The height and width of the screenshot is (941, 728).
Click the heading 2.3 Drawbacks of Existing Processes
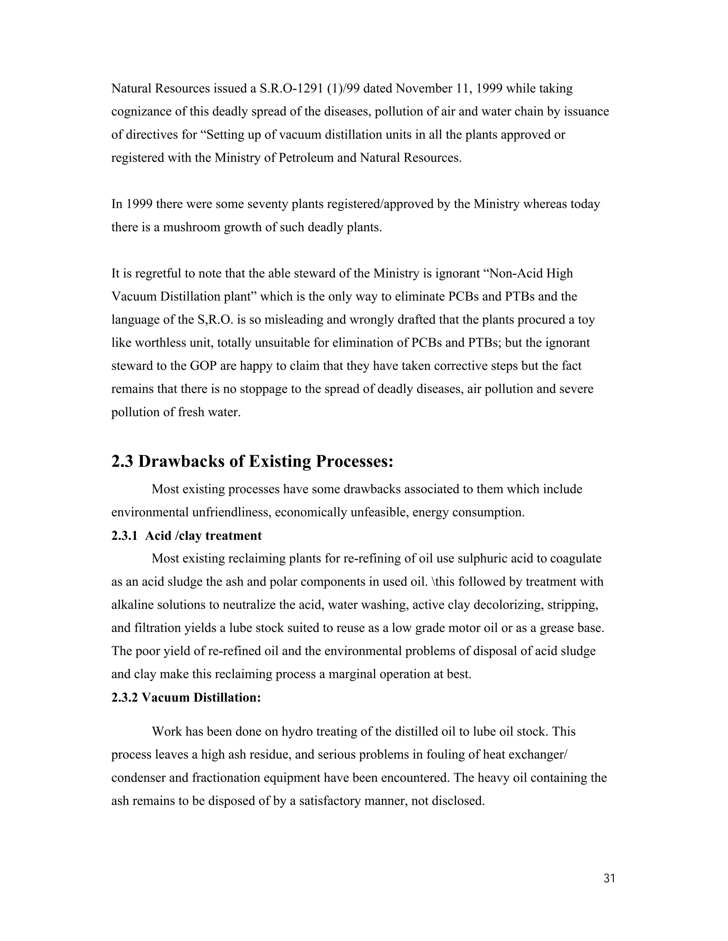pos(252,462)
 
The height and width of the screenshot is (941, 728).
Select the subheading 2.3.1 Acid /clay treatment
pos(186,535)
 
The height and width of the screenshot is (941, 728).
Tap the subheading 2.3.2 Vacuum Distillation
pos(186,697)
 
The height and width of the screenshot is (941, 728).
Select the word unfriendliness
pos(231,512)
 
